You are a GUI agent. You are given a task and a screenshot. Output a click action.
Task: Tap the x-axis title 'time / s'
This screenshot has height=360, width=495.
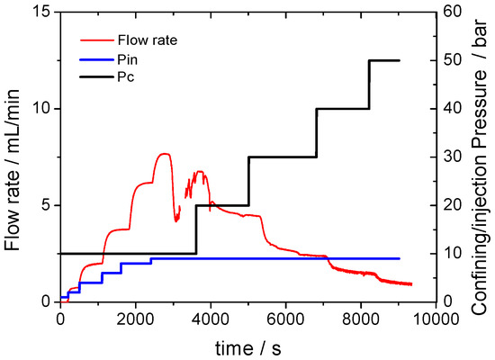(x=247, y=346)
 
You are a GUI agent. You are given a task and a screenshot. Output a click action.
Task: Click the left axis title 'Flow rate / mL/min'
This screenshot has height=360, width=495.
(x=13, y=157)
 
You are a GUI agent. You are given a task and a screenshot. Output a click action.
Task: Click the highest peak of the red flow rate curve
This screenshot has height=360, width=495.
(x=164, y=154)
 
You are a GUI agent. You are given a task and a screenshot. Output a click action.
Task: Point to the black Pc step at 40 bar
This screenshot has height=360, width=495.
(x=343, y=108)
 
